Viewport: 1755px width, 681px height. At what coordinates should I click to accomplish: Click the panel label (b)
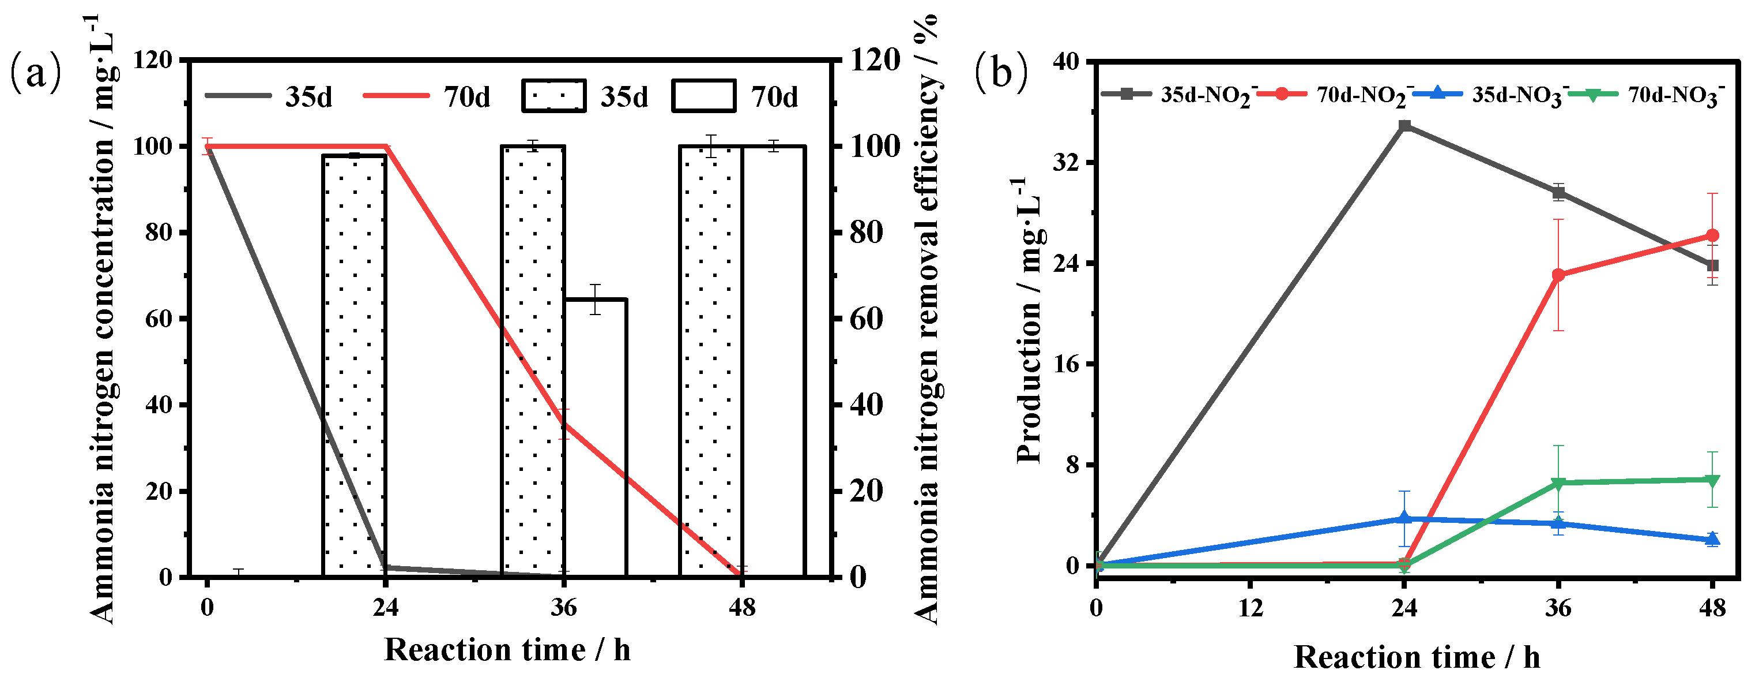pos(1001,72)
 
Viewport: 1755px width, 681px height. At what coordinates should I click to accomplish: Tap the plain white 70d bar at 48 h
pos(774,361)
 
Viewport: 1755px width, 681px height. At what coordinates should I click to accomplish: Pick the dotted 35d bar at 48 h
pos(710,361)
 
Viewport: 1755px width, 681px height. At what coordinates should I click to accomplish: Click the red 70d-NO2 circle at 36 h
pos(1558,275)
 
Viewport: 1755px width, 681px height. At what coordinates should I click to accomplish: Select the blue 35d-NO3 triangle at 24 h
pos(1404,518)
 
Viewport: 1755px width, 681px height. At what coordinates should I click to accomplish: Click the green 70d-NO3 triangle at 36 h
pos(1558,483)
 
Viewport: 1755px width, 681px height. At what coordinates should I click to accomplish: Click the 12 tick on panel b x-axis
pos(1250,607)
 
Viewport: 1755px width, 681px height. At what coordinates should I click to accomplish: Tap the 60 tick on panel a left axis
pos(159,319)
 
